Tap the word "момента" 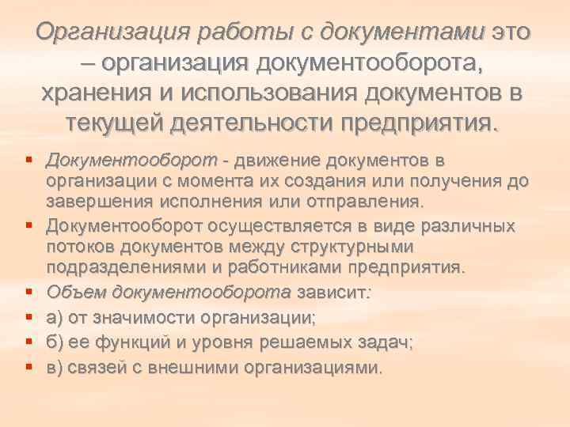pyautogui.click(x=200, y=182)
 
